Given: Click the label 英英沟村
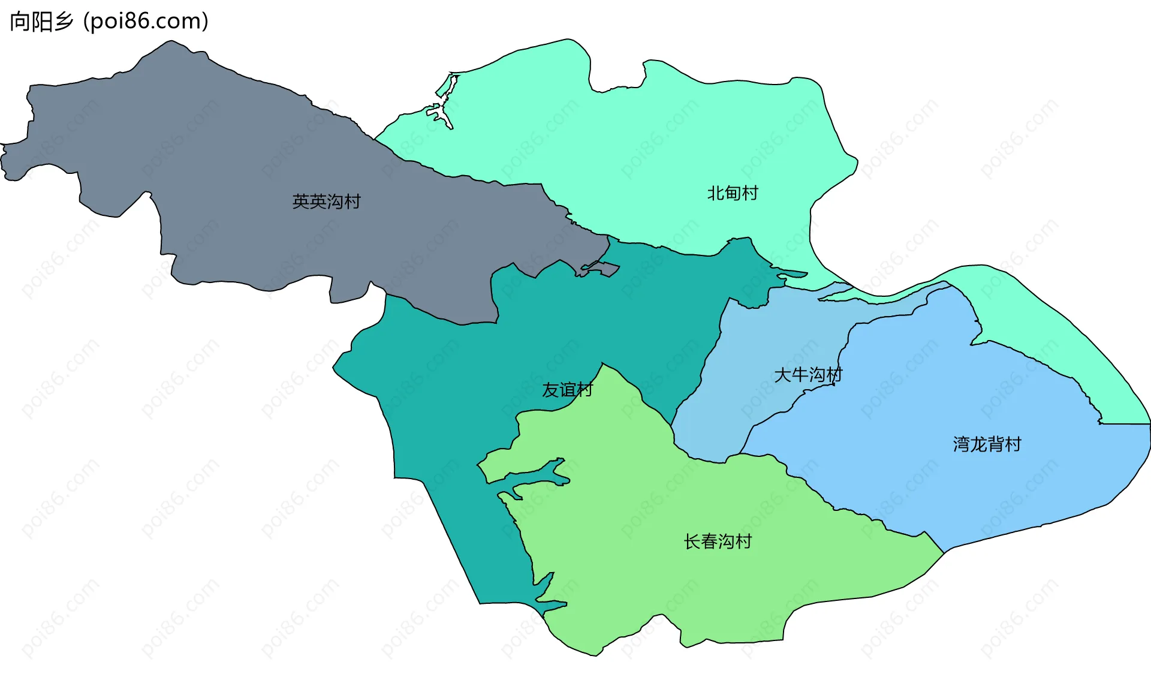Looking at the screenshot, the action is coord(326,201).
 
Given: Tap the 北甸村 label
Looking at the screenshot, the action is coord(733,193).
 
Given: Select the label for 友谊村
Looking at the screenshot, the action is coord(567,390).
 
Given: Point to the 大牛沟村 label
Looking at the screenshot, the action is coord(808,375).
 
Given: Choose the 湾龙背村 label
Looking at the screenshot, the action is coord(987,444).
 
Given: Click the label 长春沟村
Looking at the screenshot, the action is coord(718,541).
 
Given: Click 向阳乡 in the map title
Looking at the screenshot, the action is coord(41,22).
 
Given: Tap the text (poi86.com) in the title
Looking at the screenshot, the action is coord(146,22).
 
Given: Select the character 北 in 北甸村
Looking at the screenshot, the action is coord(716,193).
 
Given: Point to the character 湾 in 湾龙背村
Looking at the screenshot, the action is coord(962,444).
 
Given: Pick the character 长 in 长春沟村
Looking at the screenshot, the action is coord(692,541).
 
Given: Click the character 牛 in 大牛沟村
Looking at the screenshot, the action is coord(800,375).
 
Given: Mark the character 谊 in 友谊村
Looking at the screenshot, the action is coord(567,390).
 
